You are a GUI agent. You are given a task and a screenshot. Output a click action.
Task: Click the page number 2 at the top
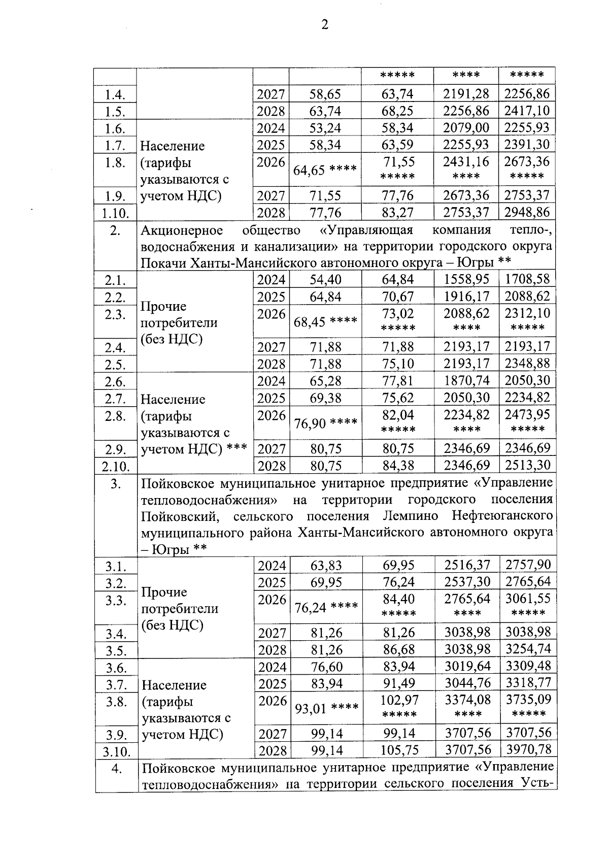(x=324, y=25)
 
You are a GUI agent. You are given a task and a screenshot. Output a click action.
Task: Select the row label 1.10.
(x=115, y=213)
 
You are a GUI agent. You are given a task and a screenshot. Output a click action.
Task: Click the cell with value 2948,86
(x=527, y=212)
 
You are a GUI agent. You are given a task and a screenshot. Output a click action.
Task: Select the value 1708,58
(x=527, y=279)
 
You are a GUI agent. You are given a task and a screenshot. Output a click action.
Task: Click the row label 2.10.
(x=115, y=466)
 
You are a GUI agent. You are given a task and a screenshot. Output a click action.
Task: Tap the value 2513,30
(x=527, y=465)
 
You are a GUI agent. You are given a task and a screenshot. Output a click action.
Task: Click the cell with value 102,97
(x=399, y=700)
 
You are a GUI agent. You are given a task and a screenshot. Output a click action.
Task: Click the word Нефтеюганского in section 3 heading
(x=501, y=516)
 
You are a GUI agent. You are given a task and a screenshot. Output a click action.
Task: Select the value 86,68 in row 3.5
(x=399, y=649)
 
